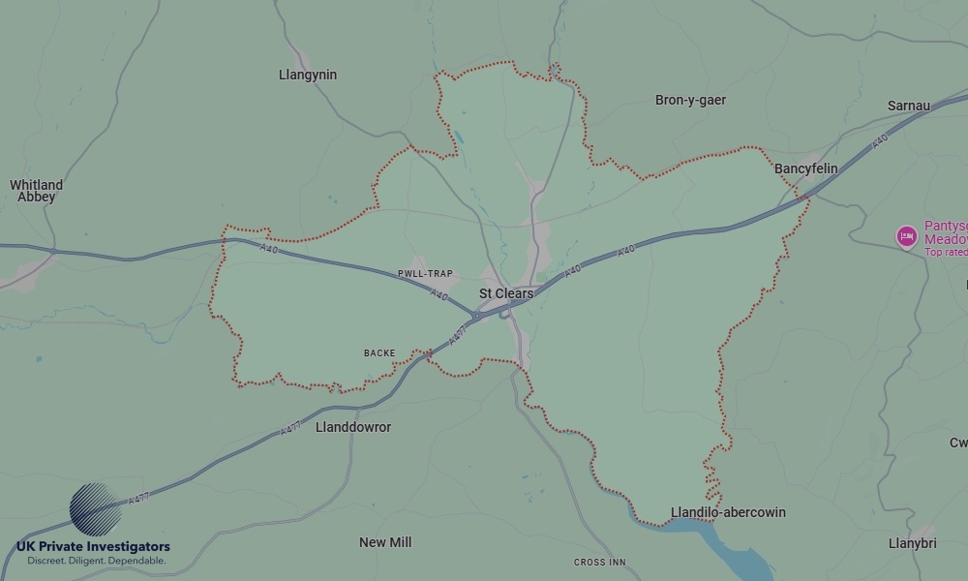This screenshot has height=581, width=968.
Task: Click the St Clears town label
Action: coord(506,293)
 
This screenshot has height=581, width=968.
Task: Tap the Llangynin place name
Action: coord(307,75)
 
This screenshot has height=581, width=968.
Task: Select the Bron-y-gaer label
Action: coord(690,100)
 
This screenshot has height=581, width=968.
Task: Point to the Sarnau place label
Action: coord(908,106)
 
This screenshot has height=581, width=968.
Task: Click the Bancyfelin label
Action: coord(805,168)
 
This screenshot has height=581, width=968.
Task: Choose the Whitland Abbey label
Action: coord(36,191)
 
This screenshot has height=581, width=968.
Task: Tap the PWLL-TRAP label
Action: coord(425,274)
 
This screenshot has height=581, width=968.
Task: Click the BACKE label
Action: coord(379,353)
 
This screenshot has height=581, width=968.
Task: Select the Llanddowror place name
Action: coord(353,427)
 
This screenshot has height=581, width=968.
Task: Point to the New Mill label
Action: coord(385,542)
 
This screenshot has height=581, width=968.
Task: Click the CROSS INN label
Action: coord(599,563)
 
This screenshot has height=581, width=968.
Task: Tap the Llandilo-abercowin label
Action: coord(728,512)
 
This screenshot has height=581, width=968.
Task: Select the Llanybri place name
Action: coord(912,543)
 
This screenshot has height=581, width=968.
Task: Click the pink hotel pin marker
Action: coord(907,235)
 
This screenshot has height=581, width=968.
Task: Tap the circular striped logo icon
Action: coord(96,509)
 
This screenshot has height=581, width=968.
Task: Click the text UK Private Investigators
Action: coord(93,547)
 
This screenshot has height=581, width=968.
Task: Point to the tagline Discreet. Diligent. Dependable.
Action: coord(96,561)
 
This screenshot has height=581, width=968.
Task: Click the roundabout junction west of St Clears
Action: coord(476,316)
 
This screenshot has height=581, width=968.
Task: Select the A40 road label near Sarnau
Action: coord(879,141)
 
